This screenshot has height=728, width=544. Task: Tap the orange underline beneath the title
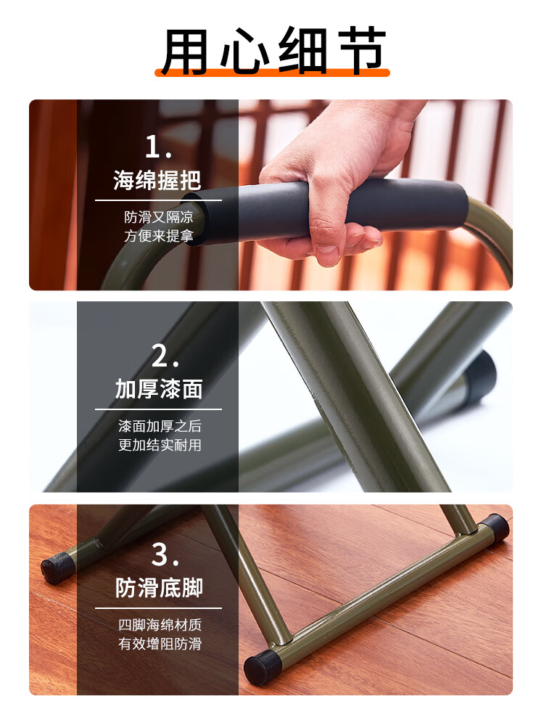[x=273, y=73]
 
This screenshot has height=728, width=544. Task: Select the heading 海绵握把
[x=157, y=180]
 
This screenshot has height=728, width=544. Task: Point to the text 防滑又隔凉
[x=158, y=217]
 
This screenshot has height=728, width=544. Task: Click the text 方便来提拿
[x=158, y=236]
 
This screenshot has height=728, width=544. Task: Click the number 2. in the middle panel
[x=165, y=356]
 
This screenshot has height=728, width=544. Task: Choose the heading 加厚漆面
[x=159, y=389]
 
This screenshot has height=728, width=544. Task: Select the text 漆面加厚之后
[x=160, y=426]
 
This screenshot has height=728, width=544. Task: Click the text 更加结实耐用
[x=160, y=445]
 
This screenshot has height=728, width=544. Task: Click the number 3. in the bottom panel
[x=165, y=555]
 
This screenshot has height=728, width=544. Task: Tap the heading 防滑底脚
[x=159, y=588]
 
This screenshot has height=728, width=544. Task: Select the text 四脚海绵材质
[x=160, y=625]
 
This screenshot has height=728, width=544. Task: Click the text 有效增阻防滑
[x=160, y=644]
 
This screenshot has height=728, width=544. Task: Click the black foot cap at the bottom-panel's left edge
[x=57, y=568]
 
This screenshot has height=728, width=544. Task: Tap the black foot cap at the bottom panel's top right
[x=495, y=528]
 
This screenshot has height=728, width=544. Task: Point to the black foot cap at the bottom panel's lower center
[x=263, y=667]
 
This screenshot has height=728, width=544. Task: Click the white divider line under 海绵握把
[x=158, y=200]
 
